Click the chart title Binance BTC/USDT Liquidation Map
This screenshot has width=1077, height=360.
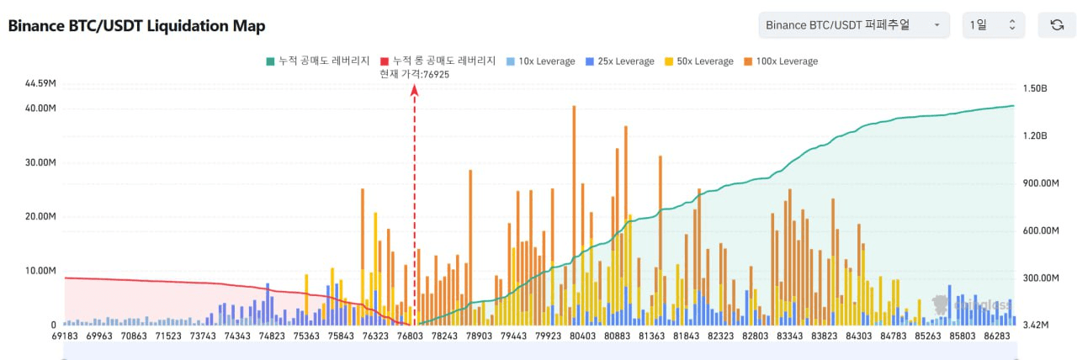(136, 26)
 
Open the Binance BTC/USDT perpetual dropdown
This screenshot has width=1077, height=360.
(853, 25)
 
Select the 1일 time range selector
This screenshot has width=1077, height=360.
(993, 25)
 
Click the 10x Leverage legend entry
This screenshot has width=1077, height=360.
(540, 61)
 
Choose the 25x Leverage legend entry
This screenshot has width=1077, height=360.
(619, 61)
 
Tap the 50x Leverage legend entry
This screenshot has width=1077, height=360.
(698, 61)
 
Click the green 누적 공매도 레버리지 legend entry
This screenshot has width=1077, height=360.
(317, 61)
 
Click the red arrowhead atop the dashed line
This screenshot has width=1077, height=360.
(414, 89)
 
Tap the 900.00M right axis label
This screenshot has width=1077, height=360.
(1040, 183)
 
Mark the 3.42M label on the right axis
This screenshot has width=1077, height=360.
(1036, 324)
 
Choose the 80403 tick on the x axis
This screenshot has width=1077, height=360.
(582, 336)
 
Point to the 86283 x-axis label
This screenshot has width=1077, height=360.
(996, 336)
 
